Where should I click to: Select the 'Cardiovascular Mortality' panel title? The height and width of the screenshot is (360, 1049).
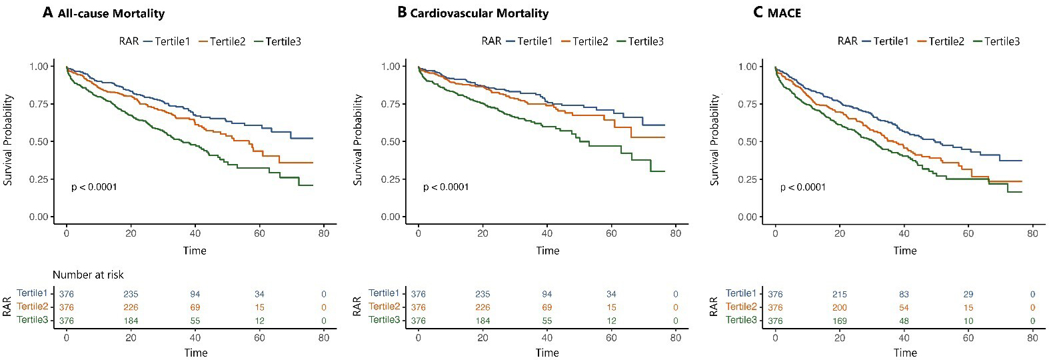479,13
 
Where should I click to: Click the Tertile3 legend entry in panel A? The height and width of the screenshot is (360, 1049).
283,41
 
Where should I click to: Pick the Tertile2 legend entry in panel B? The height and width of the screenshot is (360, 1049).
590,41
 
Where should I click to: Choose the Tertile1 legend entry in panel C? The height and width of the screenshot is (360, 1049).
890,41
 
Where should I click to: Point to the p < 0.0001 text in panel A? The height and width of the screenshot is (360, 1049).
94,187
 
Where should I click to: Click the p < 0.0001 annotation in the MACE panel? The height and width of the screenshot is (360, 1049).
803,187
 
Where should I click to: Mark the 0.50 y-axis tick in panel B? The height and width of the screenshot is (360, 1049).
391,142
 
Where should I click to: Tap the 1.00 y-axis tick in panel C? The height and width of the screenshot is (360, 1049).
748,67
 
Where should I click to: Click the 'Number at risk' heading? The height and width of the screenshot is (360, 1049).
88,275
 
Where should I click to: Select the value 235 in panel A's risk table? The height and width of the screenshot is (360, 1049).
131,294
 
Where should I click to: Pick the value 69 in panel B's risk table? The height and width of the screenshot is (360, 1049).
546,307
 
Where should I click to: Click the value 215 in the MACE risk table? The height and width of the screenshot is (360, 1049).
840,294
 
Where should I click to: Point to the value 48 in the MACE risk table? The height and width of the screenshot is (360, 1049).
904,321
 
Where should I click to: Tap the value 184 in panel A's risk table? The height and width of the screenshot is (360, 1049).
131,321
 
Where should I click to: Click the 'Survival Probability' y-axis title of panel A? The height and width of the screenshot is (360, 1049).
9,140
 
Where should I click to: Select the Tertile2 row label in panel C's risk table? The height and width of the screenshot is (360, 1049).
741,307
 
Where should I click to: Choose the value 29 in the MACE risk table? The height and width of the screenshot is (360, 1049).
968,294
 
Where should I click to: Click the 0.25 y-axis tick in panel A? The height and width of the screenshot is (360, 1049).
39,179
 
